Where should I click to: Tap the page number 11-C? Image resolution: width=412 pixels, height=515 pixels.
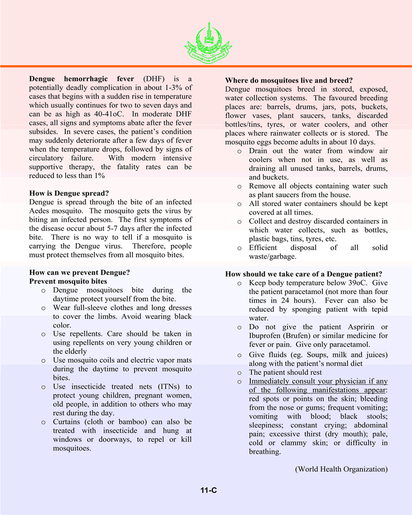(209, 491)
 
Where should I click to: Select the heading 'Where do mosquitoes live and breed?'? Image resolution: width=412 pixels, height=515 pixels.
(289, 80)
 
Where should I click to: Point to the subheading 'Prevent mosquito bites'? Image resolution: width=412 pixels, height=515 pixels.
(68, 281)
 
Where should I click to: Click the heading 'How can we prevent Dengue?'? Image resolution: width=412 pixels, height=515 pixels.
(79, 272)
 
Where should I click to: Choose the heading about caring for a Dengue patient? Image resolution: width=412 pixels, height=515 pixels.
(303, 274)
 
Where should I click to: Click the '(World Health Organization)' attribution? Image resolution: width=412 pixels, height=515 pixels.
(341, 469)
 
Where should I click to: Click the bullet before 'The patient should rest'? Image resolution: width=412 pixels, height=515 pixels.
(239, 372)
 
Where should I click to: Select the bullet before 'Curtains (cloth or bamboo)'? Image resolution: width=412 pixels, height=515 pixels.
(43, 422)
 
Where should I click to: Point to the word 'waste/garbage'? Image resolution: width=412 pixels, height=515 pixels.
(273, 256)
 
